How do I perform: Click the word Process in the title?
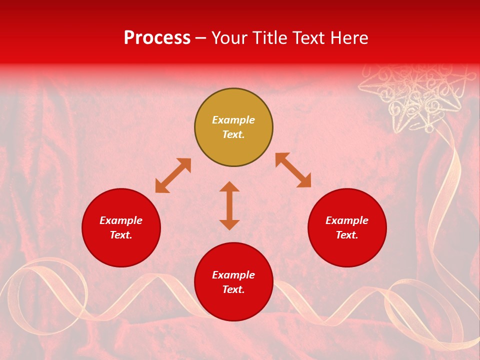tap(157, 38)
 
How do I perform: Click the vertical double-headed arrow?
tap(229, 205)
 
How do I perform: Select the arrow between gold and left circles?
tap(173, 175)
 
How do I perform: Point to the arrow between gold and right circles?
tap(293, 170)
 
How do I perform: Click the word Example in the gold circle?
tap(233, 120)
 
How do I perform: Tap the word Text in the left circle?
tap(121, 235)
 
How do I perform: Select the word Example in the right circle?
tap(347, 220)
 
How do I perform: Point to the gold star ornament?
tap(417, 97)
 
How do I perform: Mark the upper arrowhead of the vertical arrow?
tap(229, 186)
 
